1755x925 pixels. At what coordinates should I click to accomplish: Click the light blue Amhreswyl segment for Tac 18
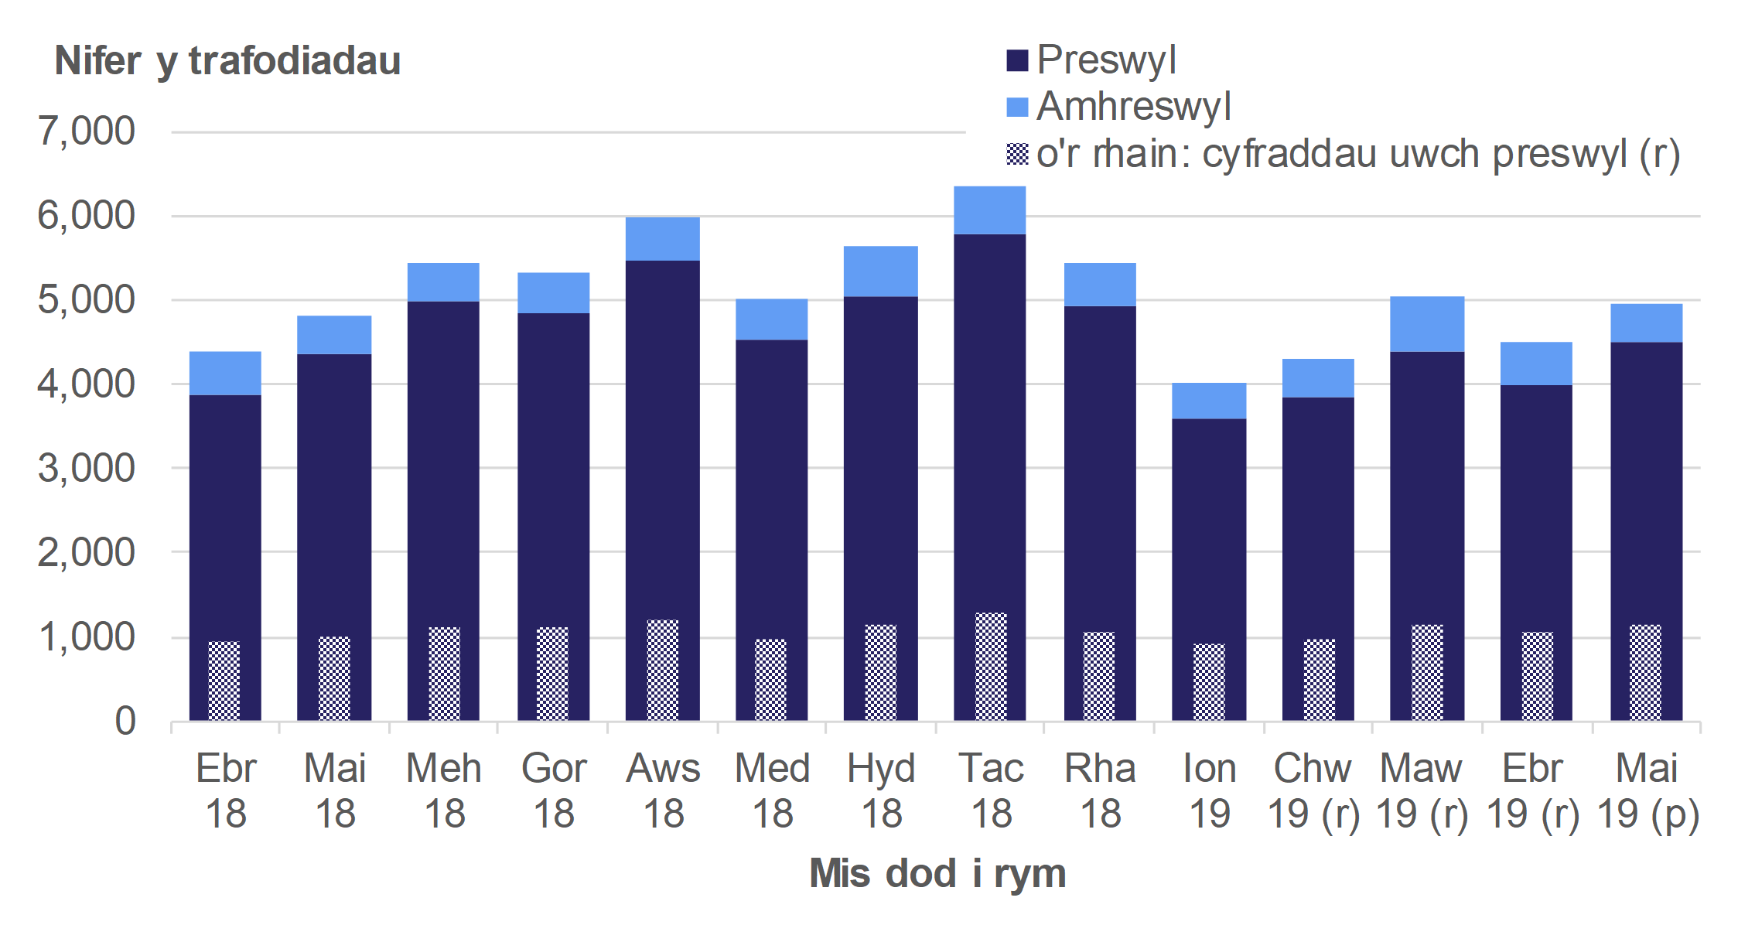coord(989,210)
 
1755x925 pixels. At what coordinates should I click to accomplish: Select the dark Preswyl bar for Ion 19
coord(1209,526)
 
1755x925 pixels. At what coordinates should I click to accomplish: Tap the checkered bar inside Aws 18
coord(663,670)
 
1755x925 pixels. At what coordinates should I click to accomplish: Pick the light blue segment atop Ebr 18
coord(225,374)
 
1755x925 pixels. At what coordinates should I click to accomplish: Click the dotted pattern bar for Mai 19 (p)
coord(1645,672)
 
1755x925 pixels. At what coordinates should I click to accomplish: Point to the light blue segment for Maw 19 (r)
coord(1426,324)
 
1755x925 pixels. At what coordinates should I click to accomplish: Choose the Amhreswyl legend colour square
coord(1017,108)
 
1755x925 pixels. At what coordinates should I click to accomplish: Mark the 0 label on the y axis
coord(125,721)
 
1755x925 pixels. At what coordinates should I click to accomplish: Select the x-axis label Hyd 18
coord(881,790)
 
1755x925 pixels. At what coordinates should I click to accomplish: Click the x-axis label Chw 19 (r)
coord(1313,790)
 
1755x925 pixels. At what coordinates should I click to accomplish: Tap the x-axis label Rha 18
coord(1100,790)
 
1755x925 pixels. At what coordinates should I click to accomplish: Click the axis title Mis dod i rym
coord(937,873)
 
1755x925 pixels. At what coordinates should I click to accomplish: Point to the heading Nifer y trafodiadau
coord(227,60)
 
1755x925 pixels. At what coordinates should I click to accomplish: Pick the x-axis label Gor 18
coord(554,790)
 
